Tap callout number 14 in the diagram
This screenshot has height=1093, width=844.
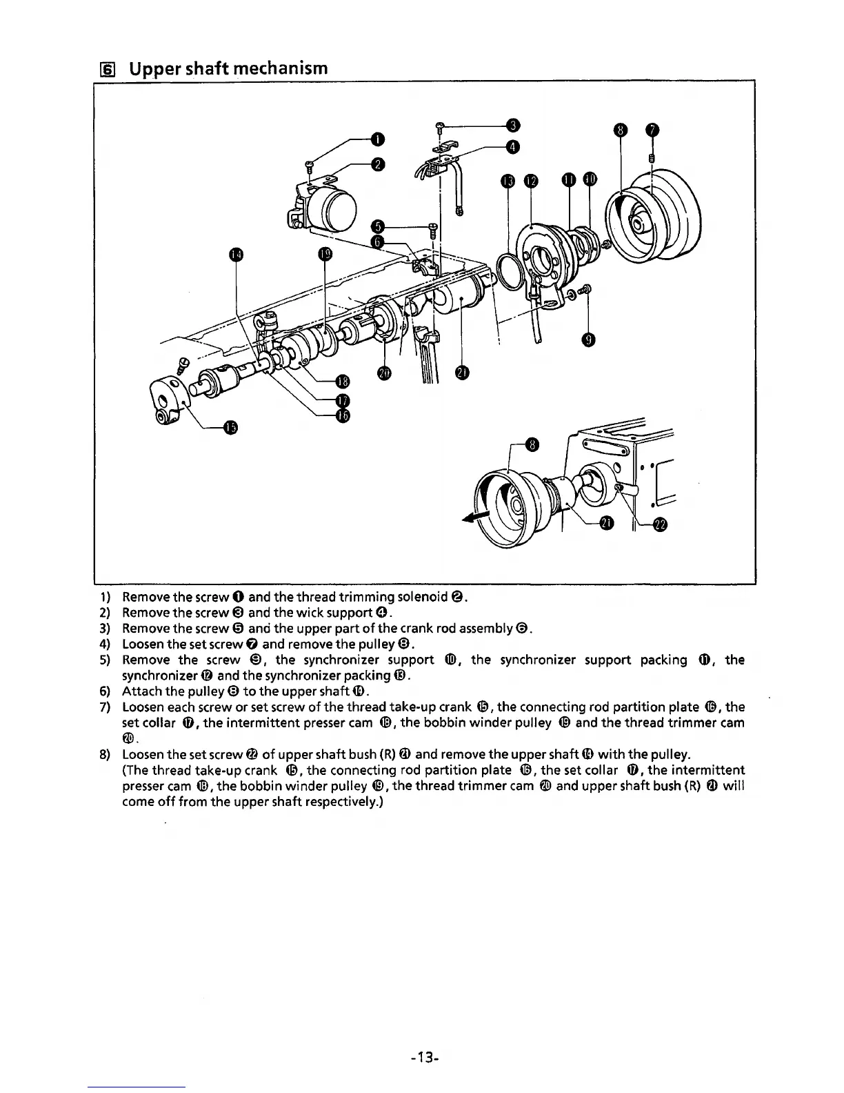pyautogui.click(x=236, y=255)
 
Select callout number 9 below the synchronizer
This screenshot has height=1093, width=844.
pyautogui.click(x=587, y=339)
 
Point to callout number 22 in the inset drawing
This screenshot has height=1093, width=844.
pyautogui.click(x=660, y=526)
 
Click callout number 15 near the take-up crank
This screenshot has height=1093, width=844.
pyautogui.click(x=230, y=428)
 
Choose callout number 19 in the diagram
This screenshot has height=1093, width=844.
pyautogui.click(x=325, y=255)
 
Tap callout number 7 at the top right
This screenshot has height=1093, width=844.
pyautogui.click(x=652, y=130)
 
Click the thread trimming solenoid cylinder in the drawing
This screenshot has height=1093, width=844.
pyautogui.click(x=334, y=206)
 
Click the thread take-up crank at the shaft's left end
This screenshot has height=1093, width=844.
pyautogui.click(x=167, y=402)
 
